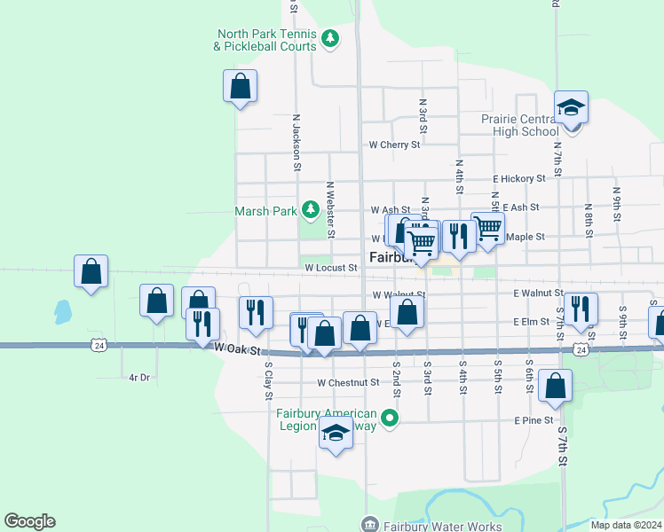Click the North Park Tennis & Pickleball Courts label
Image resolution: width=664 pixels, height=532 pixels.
[266, 40]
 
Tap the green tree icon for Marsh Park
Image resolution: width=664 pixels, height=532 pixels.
[310, 210]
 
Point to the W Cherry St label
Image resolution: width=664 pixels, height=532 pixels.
[394, 145]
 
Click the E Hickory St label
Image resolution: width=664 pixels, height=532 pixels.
[519, 178]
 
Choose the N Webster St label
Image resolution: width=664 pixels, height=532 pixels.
[329, 210]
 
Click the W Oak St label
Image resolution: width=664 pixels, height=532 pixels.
[241, 350]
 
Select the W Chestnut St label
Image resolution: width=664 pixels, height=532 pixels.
[348, 383]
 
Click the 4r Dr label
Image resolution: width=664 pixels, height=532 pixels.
[139, 378]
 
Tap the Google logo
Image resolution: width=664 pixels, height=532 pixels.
[29, 521]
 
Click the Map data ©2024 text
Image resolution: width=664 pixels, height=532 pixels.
[626, 525]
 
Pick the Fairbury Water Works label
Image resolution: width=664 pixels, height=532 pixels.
[424, 524]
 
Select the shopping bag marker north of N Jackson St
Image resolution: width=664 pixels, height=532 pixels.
[240, 86]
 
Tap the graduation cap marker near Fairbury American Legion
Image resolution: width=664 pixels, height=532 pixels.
[336, 434]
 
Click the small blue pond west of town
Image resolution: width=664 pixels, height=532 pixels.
[62, 311]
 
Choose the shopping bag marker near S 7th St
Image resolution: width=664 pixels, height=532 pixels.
[555, 387]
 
